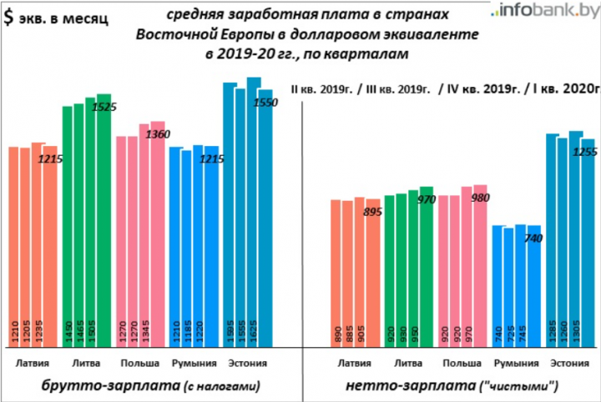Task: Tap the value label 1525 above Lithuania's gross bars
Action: pos(104,107)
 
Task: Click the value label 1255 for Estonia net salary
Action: pos(586,151)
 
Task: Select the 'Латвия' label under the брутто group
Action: pos(32,363)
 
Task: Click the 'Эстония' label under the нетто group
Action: pos(568,363)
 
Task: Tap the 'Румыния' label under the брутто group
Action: pos(194,363)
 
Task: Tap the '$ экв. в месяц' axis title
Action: pos(56,19)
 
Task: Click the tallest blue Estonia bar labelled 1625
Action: pos(254,209)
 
